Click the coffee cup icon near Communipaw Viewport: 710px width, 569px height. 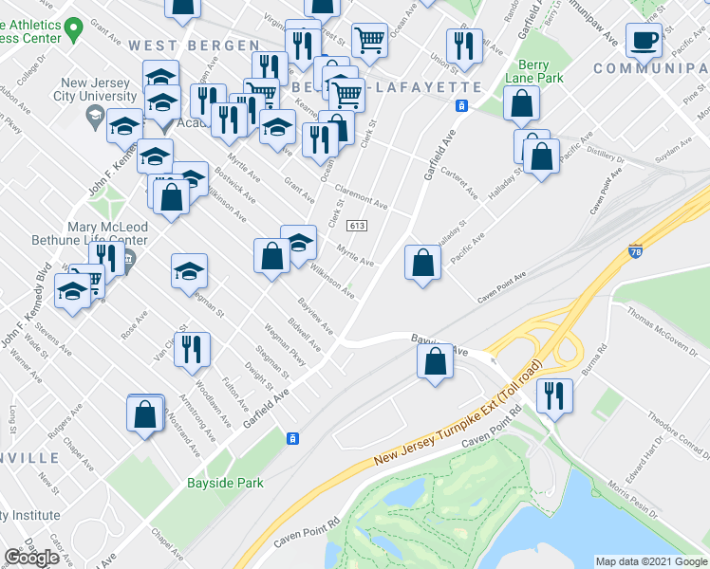coord(645,42)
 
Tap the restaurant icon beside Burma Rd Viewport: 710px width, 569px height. coord(554,395)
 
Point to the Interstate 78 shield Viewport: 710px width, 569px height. coord(636,252)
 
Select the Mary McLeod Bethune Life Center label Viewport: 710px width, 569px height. coord(107,233)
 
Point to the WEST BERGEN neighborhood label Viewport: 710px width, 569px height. coord(194,46)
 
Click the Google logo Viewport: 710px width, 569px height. coord(31,558)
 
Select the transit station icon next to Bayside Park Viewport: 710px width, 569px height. coord(293,437)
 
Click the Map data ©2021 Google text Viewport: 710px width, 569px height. coord(651,561)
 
